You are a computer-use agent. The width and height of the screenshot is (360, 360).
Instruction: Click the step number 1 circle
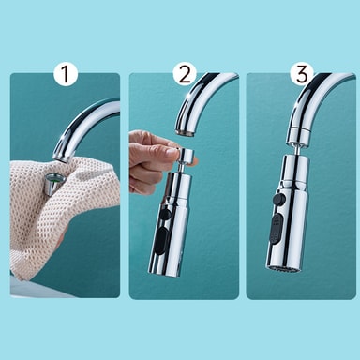(x=66, y=74)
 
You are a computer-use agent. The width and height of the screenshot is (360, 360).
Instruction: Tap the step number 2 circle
(x=185, y=74)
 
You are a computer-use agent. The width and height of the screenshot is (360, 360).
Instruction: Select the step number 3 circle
(x=302, y=74)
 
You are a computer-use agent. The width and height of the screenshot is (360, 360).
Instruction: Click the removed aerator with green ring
(x=53, y=184)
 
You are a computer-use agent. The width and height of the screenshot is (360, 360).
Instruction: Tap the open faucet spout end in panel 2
(x=185, y=132)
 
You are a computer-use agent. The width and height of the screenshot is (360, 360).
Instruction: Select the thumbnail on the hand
(x=172, y=151)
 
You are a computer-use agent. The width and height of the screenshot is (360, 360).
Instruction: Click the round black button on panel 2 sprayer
(x=165, y=214)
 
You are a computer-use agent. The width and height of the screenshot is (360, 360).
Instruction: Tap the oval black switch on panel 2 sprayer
(x=160, y=240)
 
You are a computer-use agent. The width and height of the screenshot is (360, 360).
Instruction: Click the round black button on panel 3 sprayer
(x=278, y=198)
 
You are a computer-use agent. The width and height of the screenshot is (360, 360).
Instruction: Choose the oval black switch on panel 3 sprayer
(x=277, y=228)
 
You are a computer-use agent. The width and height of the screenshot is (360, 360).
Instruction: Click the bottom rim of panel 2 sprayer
(x=165, y=273)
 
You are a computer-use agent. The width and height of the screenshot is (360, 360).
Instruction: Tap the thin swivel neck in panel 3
(x=296, y=150)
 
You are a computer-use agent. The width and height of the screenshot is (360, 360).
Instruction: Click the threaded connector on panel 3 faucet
(x=297, y=134)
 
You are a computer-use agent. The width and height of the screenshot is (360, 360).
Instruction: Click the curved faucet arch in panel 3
(x=312, y=94)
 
